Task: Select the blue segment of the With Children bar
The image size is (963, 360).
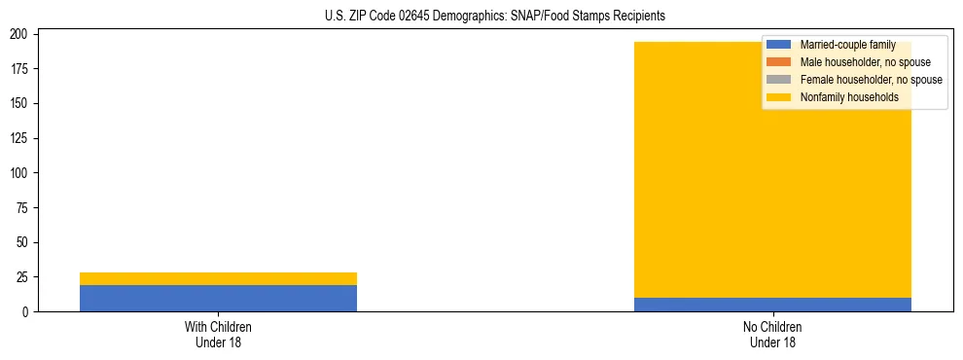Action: [x=218, y=298]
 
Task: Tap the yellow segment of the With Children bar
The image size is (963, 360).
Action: [x=218, y=278]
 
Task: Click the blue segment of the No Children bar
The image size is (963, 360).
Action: [x=772, y=305]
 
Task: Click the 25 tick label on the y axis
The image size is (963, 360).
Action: [x=25, y=277]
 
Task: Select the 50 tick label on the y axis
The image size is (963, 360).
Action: [x=25, y=242]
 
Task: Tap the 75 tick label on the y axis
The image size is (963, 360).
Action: [x=25, y=208]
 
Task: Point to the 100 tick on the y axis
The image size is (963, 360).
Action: [x=22, y=173]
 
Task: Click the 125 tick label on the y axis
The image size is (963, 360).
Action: [x=22, y=138]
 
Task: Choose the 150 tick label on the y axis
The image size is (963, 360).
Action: [x=22, y=104]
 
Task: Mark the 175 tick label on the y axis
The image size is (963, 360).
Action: [x=22, y=69]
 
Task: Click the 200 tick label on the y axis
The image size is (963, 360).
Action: [x=22, y=35]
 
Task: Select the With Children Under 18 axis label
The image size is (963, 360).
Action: [x=218, y=334]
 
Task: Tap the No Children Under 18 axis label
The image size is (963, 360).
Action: [x=772, y=334]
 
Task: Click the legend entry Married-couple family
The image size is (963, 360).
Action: [x=847, y=45]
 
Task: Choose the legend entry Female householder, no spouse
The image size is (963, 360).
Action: [x=871, y=80]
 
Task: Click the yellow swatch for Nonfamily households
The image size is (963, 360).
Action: [x=778, y=97]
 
